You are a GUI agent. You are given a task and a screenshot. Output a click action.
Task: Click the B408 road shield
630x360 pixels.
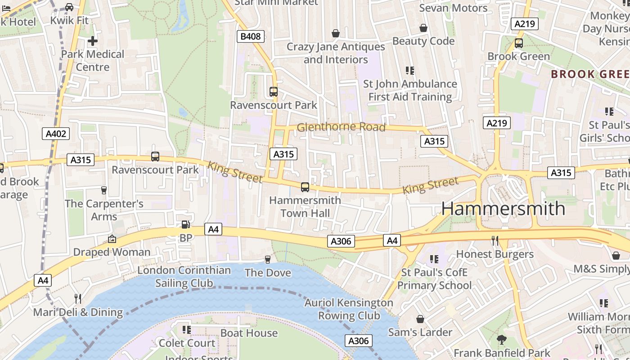[x=250, y=36]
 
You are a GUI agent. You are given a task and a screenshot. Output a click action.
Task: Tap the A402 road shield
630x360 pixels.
[x=56, y=133]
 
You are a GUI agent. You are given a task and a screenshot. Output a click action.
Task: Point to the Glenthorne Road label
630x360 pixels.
[x=341, y=127]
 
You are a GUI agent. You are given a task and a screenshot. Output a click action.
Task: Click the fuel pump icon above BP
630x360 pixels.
[x=185, y=225]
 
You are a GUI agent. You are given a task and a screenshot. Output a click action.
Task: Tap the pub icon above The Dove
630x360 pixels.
[x=268, y=259]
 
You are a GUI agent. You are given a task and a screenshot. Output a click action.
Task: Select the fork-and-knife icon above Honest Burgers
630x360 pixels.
[x=495, y=241]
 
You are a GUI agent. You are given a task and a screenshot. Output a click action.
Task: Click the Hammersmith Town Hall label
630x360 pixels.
[x=305, y=207]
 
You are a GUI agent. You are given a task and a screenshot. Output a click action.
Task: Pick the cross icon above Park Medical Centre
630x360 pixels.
[x=93, y=41]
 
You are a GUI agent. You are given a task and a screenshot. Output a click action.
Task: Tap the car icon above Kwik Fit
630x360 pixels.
[x=69, y=7]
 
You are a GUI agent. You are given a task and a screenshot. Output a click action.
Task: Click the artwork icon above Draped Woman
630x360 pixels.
[x=112, y=239]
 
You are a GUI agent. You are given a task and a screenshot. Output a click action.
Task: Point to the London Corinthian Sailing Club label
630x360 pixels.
[x=184, y=277]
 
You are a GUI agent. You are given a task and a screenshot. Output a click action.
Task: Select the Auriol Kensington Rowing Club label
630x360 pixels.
[x=349, y=309]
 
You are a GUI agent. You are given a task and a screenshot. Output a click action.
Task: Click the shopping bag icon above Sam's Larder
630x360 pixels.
[x=420, y=319]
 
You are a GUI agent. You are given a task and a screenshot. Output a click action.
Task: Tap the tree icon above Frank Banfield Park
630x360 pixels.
[x=502, y=340]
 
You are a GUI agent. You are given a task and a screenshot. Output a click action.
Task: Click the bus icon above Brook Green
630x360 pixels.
[x=519, y=43]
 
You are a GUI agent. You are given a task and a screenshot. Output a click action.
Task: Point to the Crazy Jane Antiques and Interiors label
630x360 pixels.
[x=336, y=53]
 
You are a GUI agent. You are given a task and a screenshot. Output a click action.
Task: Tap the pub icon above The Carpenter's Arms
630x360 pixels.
[x=104, y=190]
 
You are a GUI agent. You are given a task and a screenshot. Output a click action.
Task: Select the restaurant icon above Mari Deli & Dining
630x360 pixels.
[x=78, y=298]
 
